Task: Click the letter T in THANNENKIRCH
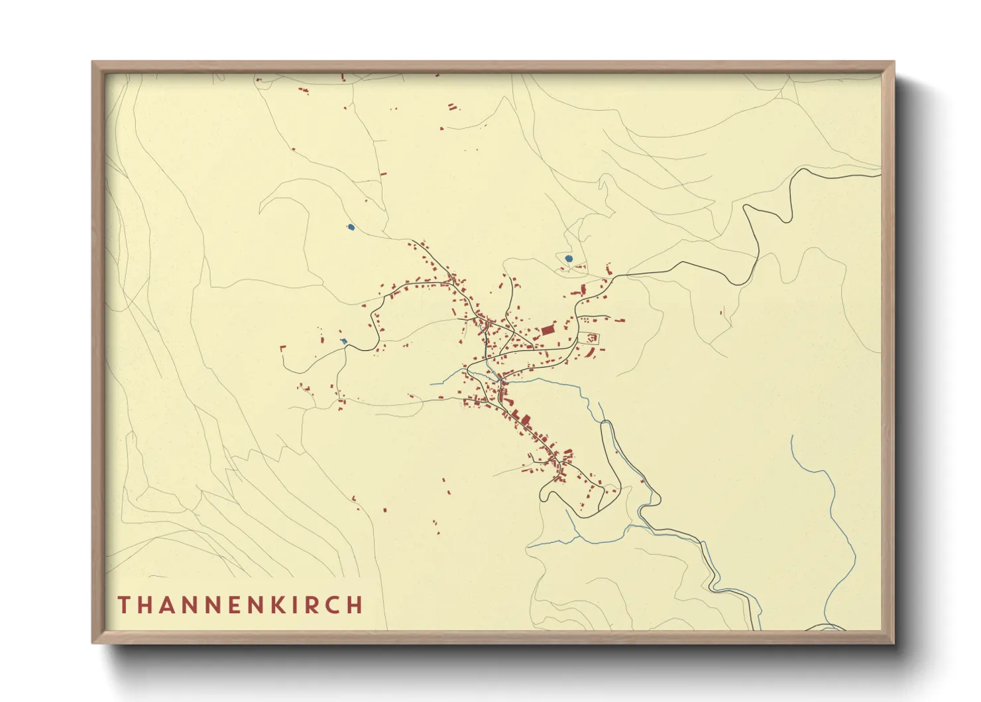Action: point(124,605)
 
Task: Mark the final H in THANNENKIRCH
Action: point(356,605)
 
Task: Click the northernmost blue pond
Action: point(351,228)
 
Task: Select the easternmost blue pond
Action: point(568,258)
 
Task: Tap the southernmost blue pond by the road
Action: point(343,342)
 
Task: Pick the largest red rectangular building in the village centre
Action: point(548,330)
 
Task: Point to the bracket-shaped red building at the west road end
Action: point(283,348)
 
